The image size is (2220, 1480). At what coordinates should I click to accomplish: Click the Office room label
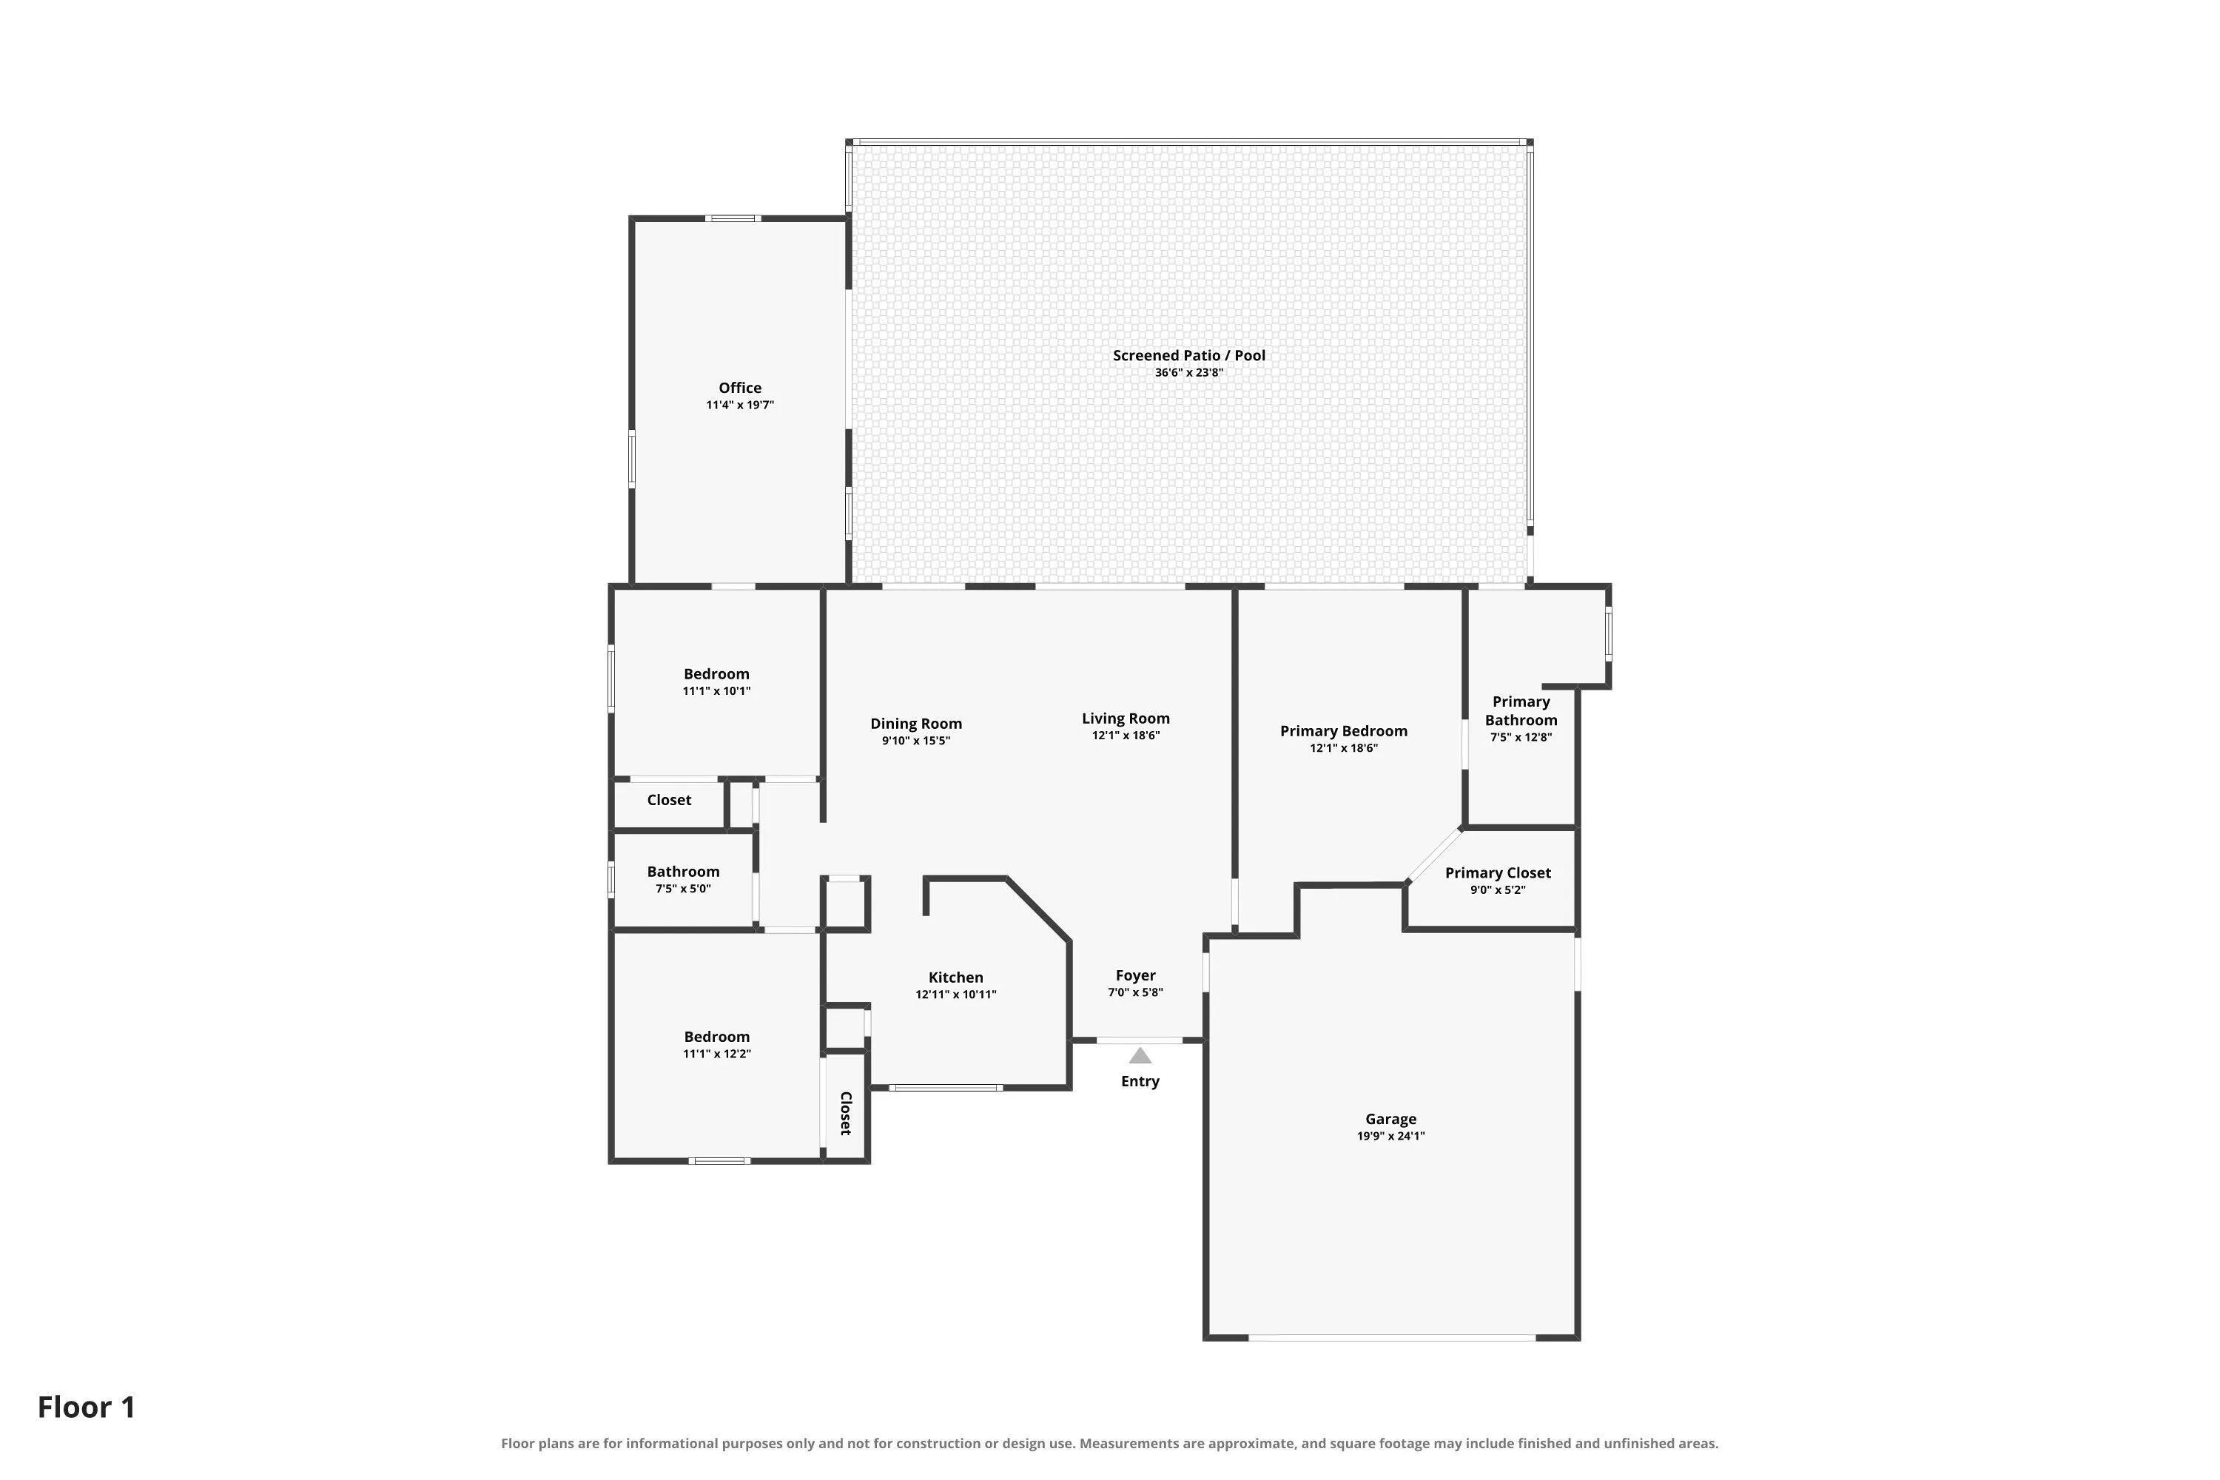coord(740,388)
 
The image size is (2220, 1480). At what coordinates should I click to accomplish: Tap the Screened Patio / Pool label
coord(1189,356)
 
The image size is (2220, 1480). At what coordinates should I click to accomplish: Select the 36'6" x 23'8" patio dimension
coord(1189,373)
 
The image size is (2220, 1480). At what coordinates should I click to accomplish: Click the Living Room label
coord(1126,719)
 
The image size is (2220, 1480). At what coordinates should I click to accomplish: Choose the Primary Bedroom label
coord(1344,732)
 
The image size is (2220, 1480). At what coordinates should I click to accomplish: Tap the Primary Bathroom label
coord(1521,710)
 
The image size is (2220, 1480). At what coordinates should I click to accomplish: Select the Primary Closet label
coord(1498,873)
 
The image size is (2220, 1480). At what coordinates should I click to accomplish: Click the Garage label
coord(1391,1120)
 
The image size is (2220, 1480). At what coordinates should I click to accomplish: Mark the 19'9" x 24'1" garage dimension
coord(1391,1137)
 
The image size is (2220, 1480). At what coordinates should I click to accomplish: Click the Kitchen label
coord(956,978)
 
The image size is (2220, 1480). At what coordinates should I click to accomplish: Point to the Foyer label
coord(1135,976)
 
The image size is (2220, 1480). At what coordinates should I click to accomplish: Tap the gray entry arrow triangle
coord(1140,1056)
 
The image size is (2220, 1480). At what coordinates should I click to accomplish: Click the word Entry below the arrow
coord(1140,1082)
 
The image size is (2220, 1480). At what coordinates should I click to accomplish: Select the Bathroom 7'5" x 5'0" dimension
coord(683,889)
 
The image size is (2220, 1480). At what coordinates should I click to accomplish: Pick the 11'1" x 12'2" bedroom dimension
coord(717,1054)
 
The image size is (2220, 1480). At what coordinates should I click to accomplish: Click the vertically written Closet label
coord(846,1113)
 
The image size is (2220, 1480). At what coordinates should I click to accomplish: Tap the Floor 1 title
coord(87,1407)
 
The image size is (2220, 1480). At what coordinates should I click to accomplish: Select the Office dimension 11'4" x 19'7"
coord(740,405)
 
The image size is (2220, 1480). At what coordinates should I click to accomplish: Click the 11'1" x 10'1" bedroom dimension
coord(716,691)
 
